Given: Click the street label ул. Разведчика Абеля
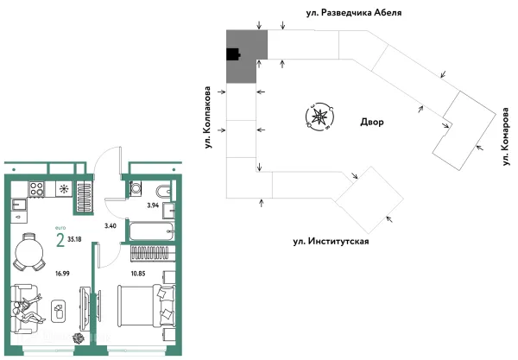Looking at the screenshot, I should pos(373,13).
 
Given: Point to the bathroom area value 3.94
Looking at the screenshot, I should pos(153,205).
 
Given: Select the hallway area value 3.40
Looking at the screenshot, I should pos(110,226).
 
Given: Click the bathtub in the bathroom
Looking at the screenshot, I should pos(150,231).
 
